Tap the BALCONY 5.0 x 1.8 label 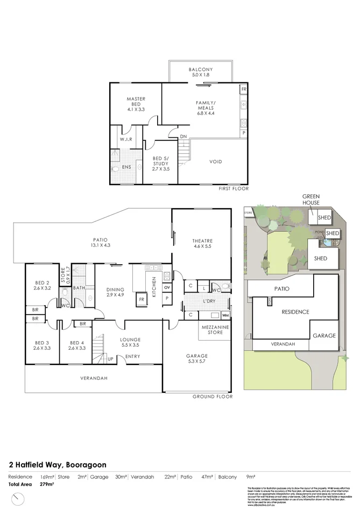click(x=201, y=73)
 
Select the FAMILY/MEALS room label click(x=206, y=108)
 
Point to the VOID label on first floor click(x=215, y=161)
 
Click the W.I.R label click(x=126, y=140)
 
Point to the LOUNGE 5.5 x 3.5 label click(x=131, y=343)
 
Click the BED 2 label click(x=43, y=286)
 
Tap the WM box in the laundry click(x=225, y=315)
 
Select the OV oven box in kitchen click(x=167, y=287)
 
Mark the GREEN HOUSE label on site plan click(x=311, y=200)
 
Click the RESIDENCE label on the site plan click(x=295, y=312)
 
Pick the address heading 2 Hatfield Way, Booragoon click(x=58, y=465)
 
